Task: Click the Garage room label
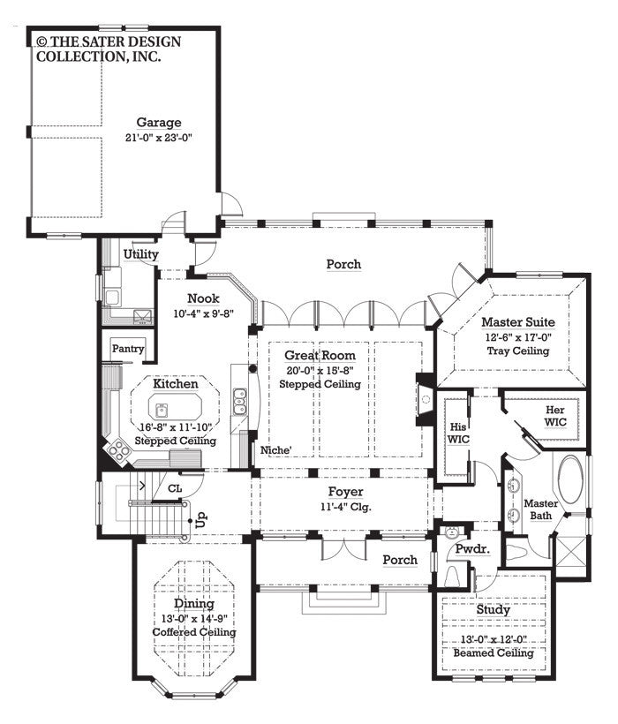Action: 159,123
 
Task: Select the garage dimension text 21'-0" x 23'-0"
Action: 159,138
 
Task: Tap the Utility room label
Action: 141,254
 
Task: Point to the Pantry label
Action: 128,350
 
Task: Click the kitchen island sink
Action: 162,410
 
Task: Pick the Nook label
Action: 203,298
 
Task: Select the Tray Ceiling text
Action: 517,351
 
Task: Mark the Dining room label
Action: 192,604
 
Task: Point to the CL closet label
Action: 175,486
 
